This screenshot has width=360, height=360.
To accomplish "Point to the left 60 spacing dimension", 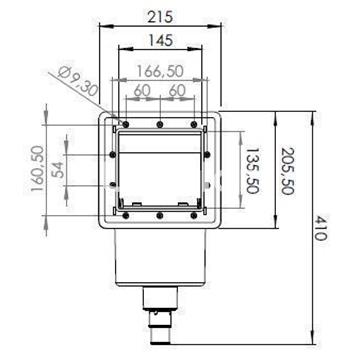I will pos(141,91).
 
